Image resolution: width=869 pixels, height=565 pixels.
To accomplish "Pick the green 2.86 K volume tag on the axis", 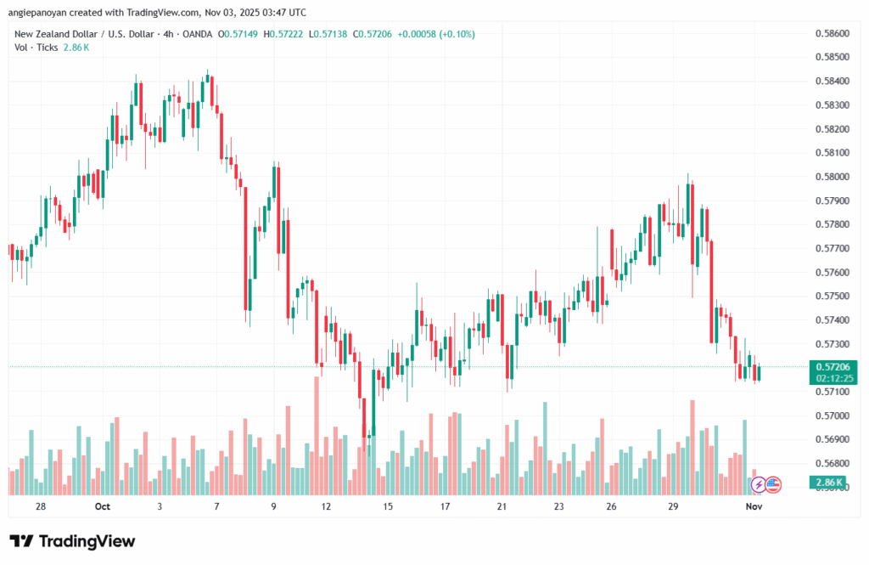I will click(x=828, y=483).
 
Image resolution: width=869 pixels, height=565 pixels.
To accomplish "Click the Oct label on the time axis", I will click(x=103, y=507).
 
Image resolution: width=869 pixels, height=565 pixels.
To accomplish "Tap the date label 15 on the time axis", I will click(x=388, y=507).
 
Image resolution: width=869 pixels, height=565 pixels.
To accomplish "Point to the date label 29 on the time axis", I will click(x=672, y=507).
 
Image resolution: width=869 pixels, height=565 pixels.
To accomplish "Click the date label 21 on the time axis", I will click(x=502, y=507).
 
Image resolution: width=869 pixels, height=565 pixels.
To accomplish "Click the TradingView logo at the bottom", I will click(x=72, y=541).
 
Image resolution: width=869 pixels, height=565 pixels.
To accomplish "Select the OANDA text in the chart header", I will click(x=196, y=34).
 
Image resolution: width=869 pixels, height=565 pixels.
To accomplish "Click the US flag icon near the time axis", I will click(x=772, y=484).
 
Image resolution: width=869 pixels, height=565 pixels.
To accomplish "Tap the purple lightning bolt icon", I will click(x=757, y=484).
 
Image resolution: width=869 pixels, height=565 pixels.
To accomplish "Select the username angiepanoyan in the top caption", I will click(x=37, y=12).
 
